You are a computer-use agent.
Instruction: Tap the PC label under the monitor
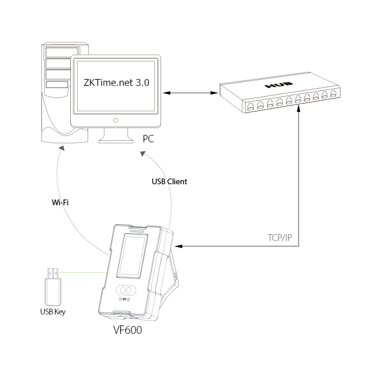(148, 139)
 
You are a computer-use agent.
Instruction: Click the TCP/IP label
(279, 237)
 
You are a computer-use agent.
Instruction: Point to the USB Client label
(169, 182)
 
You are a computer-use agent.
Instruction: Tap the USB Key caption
(53, 311)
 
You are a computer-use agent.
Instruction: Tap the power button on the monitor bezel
(115, 121)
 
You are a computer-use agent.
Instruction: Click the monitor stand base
(115, 140)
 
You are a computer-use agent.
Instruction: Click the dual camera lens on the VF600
(126, 290)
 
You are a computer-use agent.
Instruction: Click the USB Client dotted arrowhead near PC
(143, 153)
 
